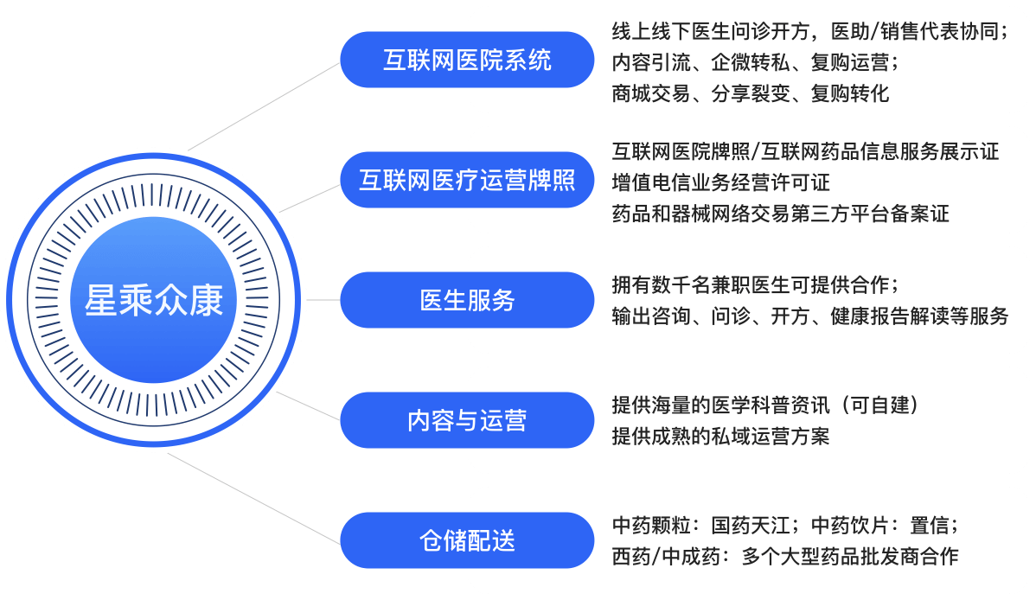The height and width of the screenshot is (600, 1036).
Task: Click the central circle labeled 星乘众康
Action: coord(153,300)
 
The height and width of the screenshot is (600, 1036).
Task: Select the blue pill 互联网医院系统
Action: coord(466,60)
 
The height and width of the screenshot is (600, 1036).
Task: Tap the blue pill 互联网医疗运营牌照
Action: coord(466,180)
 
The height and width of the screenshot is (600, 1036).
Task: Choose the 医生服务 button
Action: coord(466,300)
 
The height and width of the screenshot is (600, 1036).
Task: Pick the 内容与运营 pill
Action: coord(466,420)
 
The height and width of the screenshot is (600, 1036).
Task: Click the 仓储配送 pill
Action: coord(466,540)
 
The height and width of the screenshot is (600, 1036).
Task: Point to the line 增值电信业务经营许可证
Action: coord(720,182)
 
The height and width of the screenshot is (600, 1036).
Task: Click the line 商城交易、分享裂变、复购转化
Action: coord(750,93)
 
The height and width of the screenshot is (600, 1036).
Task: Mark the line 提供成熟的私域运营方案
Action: coord(720,436)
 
